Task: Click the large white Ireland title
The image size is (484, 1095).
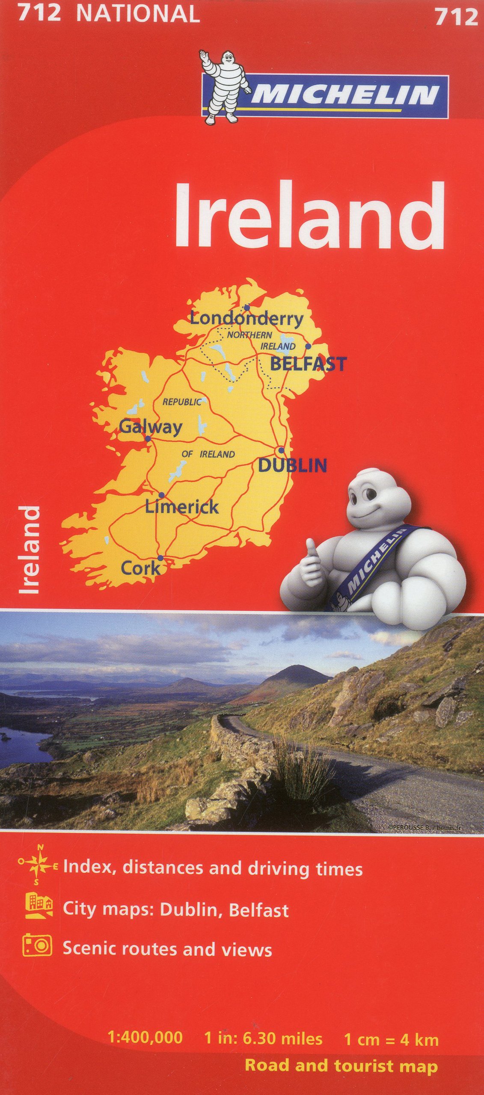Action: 309,216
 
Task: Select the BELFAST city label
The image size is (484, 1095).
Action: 308,364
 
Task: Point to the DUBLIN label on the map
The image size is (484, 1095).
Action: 292,465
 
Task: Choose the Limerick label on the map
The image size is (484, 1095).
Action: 182,507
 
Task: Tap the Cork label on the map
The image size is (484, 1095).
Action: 140,568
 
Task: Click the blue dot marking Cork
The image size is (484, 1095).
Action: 160,558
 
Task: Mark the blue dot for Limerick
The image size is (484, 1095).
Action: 161,495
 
